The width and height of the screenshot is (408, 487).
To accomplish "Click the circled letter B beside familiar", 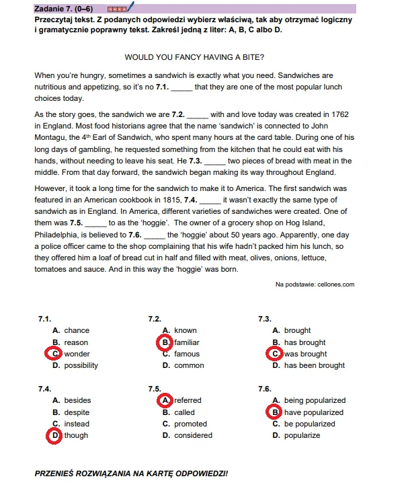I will click(165, 342).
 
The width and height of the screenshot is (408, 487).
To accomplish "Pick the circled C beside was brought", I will click(275, 354).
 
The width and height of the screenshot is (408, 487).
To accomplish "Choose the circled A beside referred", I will click(165, 400).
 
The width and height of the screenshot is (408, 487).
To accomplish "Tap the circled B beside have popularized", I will click(275, 412).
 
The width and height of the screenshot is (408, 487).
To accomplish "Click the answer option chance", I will click(77, 330).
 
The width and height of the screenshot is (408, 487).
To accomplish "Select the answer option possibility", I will click(81, 365).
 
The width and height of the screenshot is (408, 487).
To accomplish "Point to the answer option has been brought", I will click(314, 365).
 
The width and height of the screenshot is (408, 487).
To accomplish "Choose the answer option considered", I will click(194, 435).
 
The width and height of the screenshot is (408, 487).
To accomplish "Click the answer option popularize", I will click(302, 435).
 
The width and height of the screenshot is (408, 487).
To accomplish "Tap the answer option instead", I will click(77, 424).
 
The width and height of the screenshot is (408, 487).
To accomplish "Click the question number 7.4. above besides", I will click(45, 389).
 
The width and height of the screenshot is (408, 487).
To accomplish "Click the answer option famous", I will click(187, 354).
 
